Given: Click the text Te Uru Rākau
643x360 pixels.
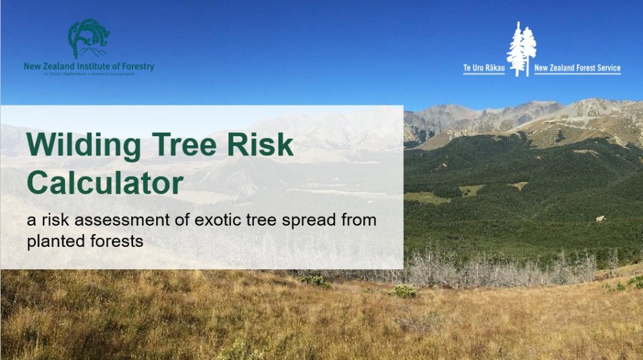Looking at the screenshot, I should point(484,68).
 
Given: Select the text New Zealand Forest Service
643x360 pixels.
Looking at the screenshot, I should point(577,68).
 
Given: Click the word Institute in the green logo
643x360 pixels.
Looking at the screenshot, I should point(95,66).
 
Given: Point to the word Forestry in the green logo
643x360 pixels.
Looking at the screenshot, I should point(137,66).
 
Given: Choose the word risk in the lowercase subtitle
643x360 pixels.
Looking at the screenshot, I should point(50,221).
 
